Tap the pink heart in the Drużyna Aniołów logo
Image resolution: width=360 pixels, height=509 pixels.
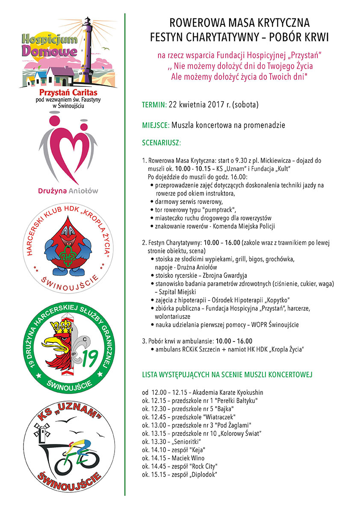point(68,153)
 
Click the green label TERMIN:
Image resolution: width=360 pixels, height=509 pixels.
point(154,104)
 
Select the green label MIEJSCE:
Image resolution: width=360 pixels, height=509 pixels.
point(156,125)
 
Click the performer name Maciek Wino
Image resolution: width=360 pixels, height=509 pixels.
point(188,458)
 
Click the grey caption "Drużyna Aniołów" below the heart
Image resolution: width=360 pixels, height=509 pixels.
point(68,191)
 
